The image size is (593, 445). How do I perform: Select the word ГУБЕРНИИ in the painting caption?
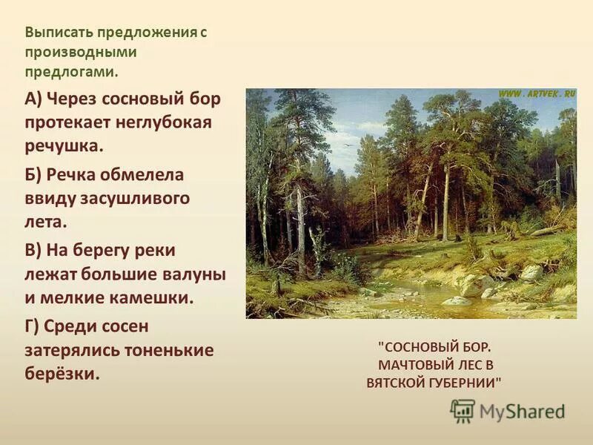(465, 383)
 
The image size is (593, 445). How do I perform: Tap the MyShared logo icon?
(463, 410)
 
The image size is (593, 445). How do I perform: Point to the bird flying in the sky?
(345, 145)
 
